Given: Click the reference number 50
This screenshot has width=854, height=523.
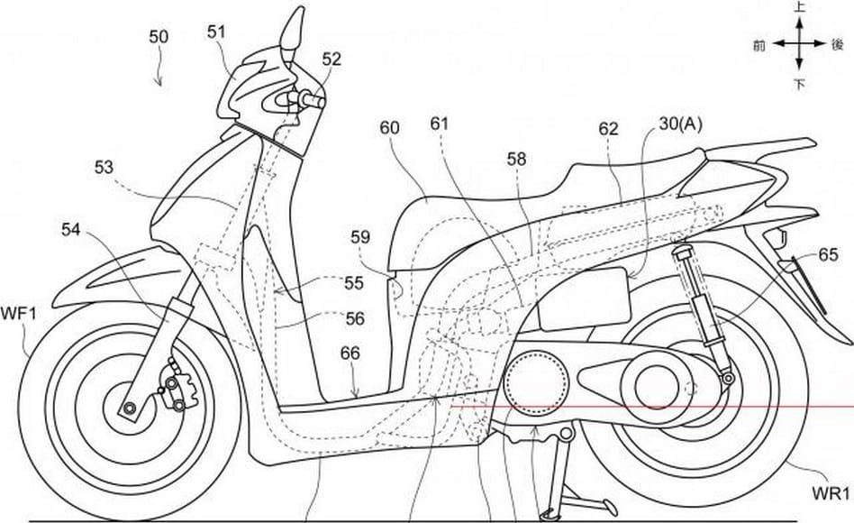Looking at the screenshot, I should (x=159, y=38).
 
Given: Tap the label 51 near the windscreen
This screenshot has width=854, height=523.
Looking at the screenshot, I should (x=216, y=32).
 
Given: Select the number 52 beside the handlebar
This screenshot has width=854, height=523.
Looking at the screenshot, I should (x=332, y=60).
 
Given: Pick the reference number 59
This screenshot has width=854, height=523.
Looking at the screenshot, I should (x=360, y=238).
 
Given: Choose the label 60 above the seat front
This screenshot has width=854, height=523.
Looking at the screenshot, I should (x=389, y=128).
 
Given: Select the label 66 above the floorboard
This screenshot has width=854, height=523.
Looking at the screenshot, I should (x=350, y=355).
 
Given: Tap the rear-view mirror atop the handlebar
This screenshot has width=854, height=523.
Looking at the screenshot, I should (x=294, y=32).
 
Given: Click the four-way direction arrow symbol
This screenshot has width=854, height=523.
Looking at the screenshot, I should (x=798, y=44).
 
